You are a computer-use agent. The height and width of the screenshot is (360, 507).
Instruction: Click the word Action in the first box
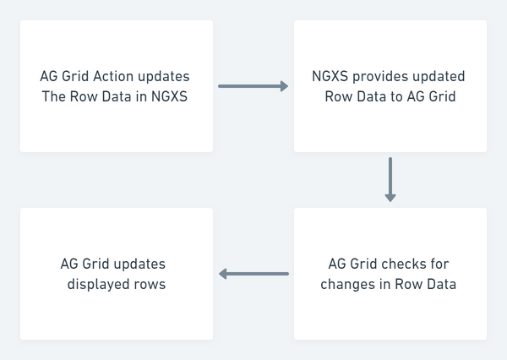(x=113, y=76)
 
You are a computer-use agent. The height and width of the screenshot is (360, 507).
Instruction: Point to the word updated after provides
(x=434, y=77)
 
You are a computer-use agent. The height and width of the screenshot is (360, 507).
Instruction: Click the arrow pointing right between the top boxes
(x=253, y=86)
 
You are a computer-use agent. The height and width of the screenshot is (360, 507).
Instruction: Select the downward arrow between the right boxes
(x=390, y=179)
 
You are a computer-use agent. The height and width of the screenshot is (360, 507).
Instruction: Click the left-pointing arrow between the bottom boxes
(x=253, y=274)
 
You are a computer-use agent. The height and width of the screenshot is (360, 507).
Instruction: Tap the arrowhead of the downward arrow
(x=390, y=198)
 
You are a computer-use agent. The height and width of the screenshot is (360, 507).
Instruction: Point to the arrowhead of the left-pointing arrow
(x=223, y=274)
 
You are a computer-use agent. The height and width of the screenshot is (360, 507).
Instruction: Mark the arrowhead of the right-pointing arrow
(x=284, y=86)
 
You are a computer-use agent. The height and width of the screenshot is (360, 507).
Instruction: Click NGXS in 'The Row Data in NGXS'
(x=169, y=96)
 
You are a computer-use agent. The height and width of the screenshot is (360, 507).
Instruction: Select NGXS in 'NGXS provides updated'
(x=330, y=76)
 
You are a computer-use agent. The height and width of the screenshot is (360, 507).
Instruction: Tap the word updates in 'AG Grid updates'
(x=139, y=265)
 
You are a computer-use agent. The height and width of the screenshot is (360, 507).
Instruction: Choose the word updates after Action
(x=164, y=77)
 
